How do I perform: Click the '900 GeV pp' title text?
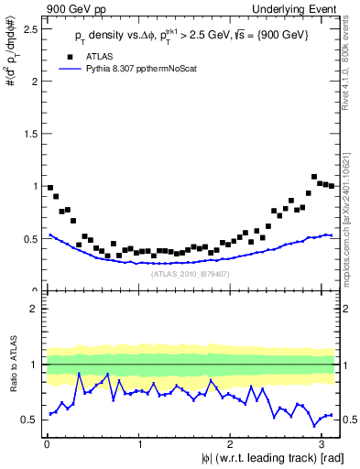[x=70, y=8]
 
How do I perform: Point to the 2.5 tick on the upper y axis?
[x=30, y=28]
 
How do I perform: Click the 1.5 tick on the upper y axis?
[x=30, y=134]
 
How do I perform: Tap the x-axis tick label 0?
[x=46, y=443]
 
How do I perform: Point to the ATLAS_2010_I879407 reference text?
[x=191, y=273]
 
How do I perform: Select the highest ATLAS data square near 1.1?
[x=314, y=177]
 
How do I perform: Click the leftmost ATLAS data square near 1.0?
[x=49, y=188]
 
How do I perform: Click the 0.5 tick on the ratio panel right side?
[x=350, y=420]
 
